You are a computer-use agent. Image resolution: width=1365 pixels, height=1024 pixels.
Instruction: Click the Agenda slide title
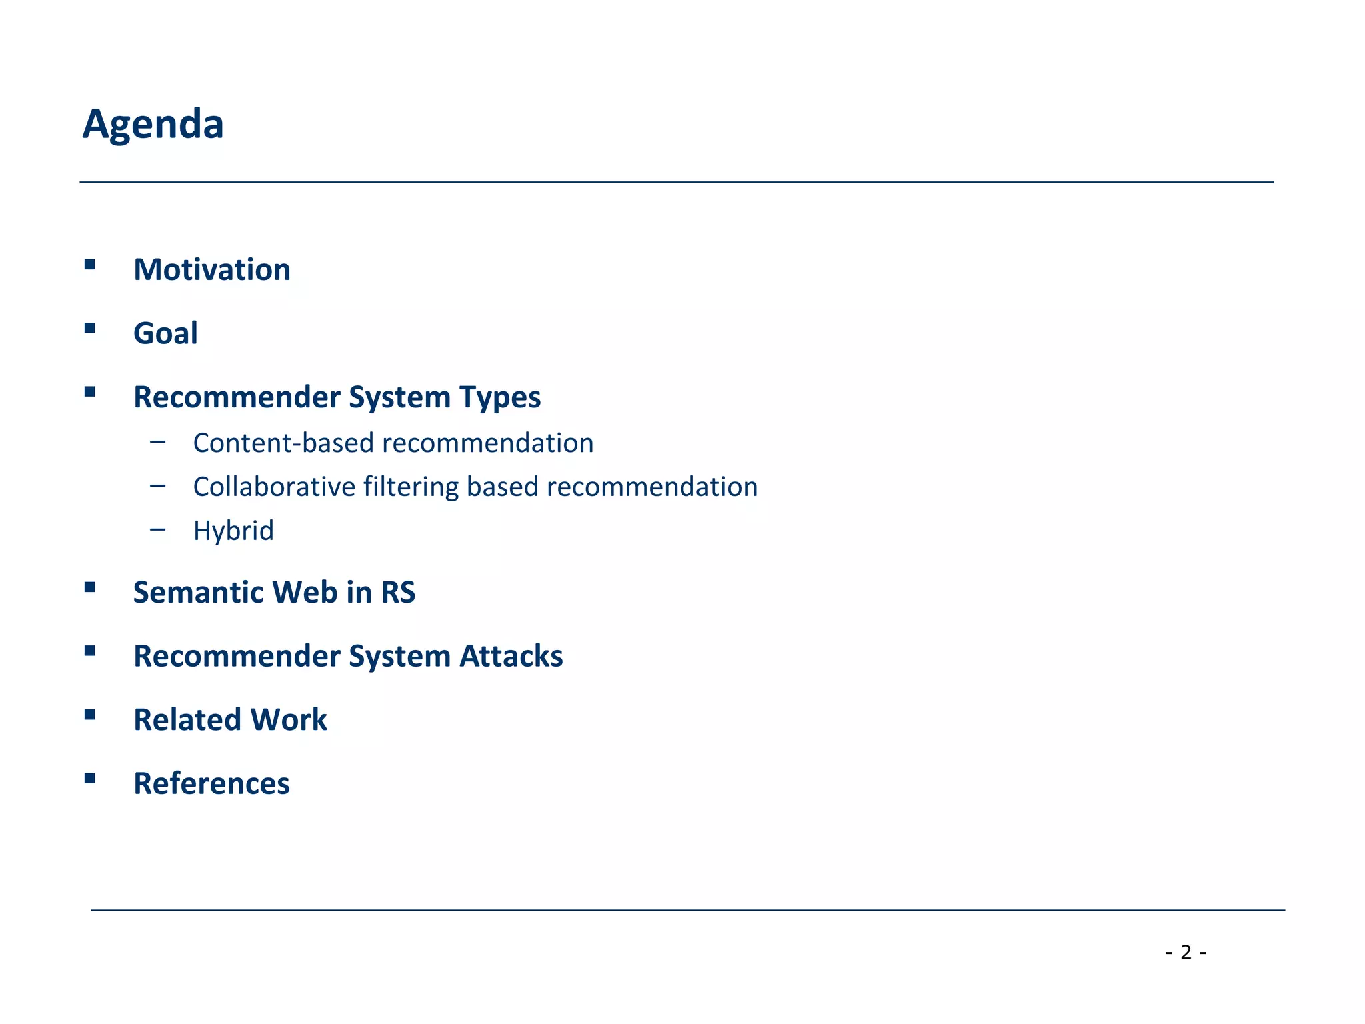(x=153, y=124)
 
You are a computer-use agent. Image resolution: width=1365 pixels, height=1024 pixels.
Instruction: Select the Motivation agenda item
(x=212, y=270)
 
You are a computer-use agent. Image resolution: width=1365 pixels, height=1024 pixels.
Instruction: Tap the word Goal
(x=165, y=333)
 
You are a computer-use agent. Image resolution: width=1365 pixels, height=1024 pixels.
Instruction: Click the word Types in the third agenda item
(x=499, y=397)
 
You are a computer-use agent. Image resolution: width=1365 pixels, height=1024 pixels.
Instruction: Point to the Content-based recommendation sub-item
(x=393, y=443)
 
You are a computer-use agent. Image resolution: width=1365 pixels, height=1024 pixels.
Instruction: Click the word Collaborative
(x=273, y=487)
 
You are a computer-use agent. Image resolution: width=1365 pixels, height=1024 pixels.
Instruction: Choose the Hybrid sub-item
(x=233, y=531)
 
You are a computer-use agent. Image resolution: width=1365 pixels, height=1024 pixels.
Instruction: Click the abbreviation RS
(x=398, y=593)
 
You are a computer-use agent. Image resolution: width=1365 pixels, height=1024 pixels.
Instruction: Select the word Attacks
(x=511, y=656)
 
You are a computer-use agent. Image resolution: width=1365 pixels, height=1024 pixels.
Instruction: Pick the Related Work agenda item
(x=230, y=720)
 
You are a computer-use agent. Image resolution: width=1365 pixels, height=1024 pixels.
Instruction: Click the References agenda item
(x=211, y=783)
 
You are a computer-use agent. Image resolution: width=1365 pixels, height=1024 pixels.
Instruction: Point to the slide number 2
(x=1186, y=952)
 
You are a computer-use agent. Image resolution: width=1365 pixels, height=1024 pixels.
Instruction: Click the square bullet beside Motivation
(x=90, y=265)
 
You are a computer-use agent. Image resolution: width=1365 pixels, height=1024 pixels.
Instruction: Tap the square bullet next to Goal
(x=90, y=328)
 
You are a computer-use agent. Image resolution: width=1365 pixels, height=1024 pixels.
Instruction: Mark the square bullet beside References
(x=90, y=778)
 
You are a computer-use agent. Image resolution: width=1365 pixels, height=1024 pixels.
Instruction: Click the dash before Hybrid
(x=158, y=530)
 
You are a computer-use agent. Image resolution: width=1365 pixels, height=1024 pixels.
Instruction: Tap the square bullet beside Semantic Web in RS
(x=90, y=587)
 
